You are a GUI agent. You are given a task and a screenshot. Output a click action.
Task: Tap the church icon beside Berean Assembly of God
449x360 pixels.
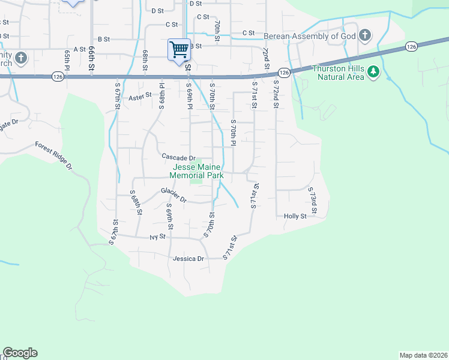(x=364, y=35)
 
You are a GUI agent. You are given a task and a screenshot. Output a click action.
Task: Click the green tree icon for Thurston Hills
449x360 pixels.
(x=374, y=72)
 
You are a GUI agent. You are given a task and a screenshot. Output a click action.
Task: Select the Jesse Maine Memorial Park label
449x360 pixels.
(x=196, y=172)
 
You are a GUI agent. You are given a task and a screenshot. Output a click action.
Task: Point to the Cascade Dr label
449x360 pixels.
(x=179, y=157)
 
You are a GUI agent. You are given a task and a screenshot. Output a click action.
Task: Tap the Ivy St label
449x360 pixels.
(x=158, y=237)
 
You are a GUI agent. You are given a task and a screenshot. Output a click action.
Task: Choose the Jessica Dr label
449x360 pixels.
(x=188, y=259)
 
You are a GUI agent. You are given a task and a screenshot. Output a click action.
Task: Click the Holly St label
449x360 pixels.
(x=295, y=216)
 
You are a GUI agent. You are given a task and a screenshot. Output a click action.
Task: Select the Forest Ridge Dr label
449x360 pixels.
(x=53, y=155)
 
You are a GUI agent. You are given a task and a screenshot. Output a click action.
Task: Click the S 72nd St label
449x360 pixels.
(x=276, y=94)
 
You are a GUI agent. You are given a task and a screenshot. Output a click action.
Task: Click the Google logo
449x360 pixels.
(x=20, y=353)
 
